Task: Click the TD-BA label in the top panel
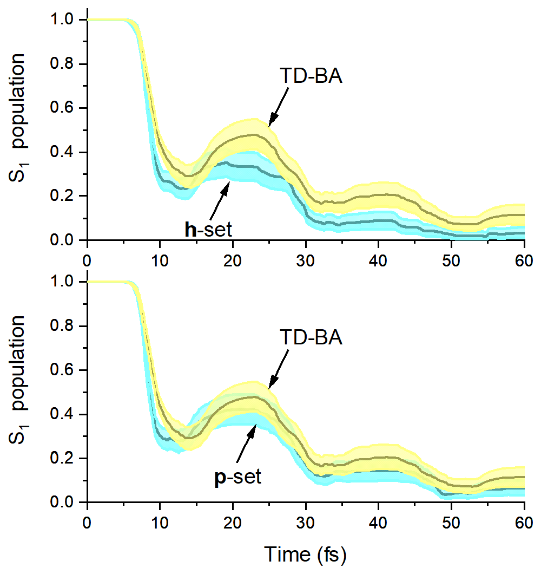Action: (311, 76)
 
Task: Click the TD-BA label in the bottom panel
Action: (311, 337)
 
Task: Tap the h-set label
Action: (208, 230)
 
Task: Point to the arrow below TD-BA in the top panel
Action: (279, 107)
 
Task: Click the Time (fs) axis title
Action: (305, 554)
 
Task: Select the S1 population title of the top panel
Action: (17, 117)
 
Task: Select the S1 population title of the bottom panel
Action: (17, 380)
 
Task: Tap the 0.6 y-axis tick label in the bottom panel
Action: (62, 370)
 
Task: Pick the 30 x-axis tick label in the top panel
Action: (306, 260)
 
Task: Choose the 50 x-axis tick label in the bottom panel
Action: (451, 523)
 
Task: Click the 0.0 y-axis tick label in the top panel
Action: (62, 240)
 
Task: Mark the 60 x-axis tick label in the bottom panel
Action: (524, 523)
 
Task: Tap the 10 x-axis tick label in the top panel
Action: (160, 260)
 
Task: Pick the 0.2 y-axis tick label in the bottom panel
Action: (62, 458)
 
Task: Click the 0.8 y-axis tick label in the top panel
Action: (62, 63)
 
